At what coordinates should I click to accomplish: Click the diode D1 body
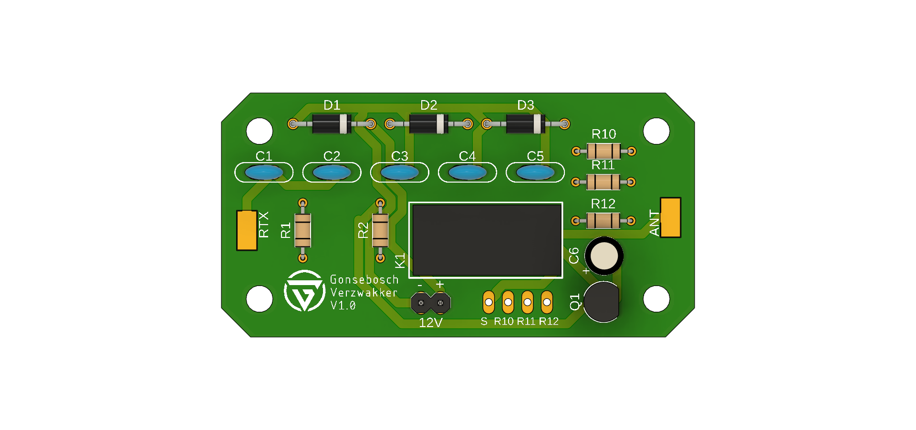[x=332, y=124]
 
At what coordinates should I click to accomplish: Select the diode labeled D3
[x=525, y=124]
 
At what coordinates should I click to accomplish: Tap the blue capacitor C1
[x=264, y=172]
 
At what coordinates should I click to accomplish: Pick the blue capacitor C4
[x=468, y=172]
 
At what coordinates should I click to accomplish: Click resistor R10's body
[x=604, y=152]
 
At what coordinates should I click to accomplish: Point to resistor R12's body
[x=603, y=221]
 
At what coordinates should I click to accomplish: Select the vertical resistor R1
[x=302, y=231]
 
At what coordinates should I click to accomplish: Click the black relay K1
[x=486, y=240]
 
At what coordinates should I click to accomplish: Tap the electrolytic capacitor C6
[x=604, y=256]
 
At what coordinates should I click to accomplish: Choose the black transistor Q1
[x=601, y=302]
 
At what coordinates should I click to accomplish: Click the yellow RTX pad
[x=247, y=230]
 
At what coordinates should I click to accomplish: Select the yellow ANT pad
[x=670, y=217]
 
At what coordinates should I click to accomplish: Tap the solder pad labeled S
[x=489, y=302]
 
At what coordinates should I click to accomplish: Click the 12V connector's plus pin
[x=441, y=303]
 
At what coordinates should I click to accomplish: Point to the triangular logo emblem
[x=304, y=291]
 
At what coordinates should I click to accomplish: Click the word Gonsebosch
[x=364, y=280]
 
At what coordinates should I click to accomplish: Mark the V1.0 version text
[x=343, y=306]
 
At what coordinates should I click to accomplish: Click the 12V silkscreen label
[x=430, y=323]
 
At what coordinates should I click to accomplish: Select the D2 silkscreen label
[x=428, y=105]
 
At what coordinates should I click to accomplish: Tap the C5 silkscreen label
[x=535, y=156]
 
